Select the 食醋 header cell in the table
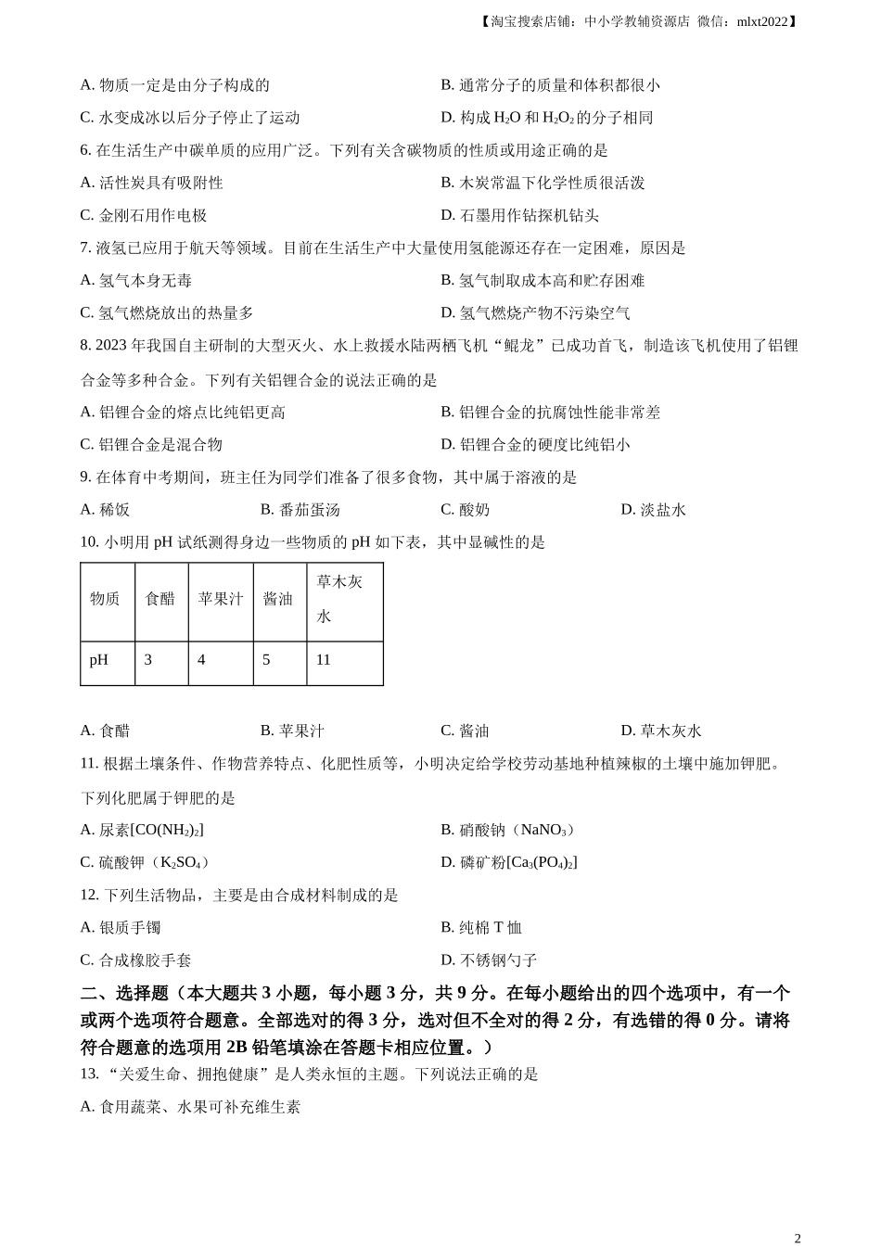pos(160,599)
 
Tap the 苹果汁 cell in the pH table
pos(220,599)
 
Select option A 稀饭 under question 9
pos(105,510)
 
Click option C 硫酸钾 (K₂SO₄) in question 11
pos(145,862)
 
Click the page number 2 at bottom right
pos(798,1238)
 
